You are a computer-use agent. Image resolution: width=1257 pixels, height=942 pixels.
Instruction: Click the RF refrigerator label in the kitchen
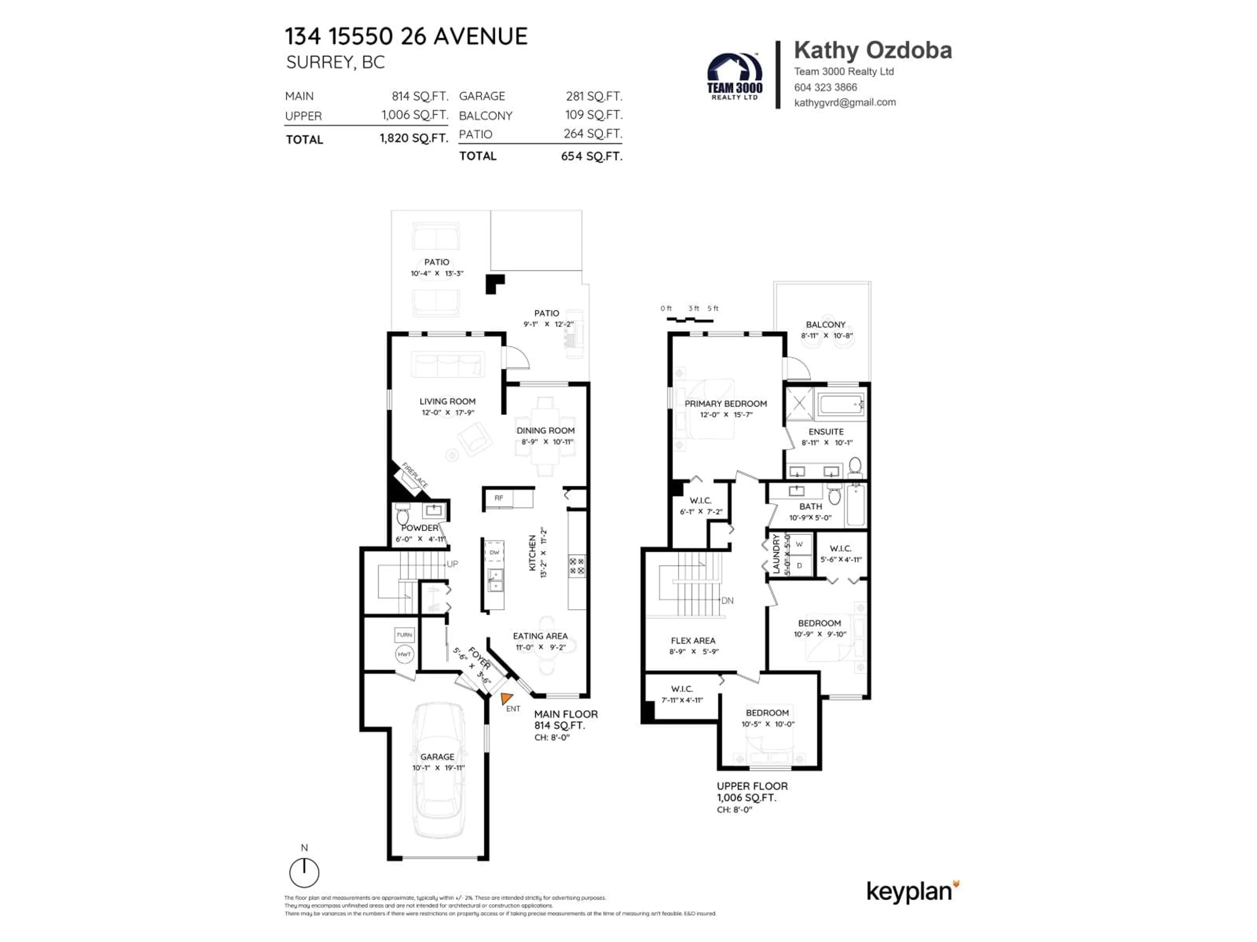coord(498,498)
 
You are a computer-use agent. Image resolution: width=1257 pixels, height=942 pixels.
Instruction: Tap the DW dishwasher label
coord(494,552)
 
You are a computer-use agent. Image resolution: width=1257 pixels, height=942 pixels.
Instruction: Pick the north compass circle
coord(304,873)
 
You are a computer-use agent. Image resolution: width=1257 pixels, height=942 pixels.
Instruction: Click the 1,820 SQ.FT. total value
coord(414,138)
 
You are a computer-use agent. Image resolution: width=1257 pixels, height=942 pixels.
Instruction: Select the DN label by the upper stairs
coord(727,600)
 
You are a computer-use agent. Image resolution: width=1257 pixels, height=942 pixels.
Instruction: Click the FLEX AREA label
coord(693,640)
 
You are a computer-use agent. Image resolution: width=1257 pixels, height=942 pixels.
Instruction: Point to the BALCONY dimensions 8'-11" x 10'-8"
coord(826,336)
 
